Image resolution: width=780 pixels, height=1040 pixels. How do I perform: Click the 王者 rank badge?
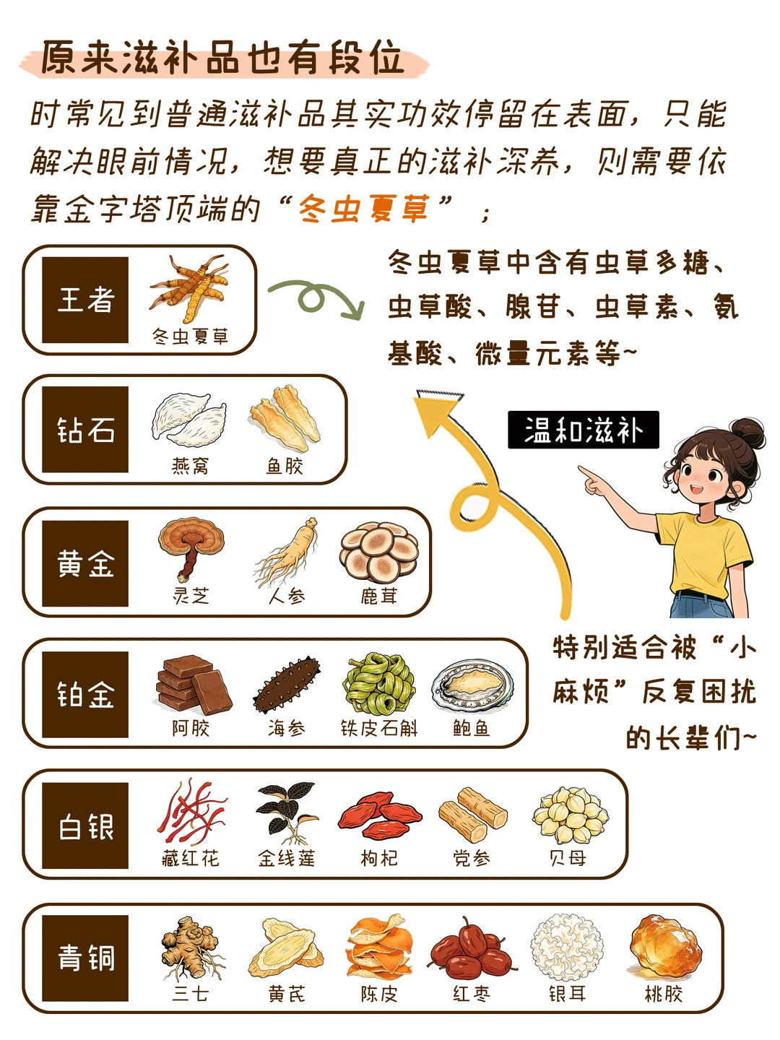(x=85, y=300)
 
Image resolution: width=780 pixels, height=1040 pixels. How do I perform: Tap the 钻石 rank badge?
(x=85, y=429)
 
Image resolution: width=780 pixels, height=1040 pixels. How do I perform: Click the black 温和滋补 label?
(x=583, y=430)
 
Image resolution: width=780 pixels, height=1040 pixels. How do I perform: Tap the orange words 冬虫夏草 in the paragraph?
(x=364, y=209)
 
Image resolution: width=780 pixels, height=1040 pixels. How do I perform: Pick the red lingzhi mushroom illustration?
(x=191, y=549)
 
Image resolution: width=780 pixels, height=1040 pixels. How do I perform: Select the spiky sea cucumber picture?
(x=287, y=685)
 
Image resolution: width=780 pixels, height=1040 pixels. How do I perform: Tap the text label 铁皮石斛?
(x=379, y=728)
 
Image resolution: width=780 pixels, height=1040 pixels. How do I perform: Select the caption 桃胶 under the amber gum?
(x=664, y=993)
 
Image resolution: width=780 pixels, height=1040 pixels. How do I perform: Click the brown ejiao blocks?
(x=194, y=684)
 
